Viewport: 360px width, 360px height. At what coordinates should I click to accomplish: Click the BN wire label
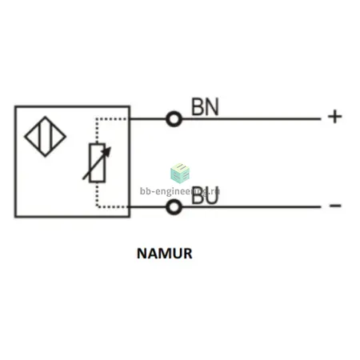click(205, 106)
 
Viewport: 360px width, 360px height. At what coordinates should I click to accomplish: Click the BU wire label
click(205, 195)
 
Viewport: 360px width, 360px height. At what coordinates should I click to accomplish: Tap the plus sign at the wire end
click(335, 117)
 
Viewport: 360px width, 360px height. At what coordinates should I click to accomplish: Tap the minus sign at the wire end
click(335, 206)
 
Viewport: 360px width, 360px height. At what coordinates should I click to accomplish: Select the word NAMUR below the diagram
click(165, 254)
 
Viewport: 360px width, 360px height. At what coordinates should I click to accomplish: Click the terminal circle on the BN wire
click(174, 119)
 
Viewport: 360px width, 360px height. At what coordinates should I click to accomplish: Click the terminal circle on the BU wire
click(174, 207)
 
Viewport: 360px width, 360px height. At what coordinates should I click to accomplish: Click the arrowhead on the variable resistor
click(107, 151)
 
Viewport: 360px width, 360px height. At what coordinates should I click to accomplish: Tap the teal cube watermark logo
click(180, 173)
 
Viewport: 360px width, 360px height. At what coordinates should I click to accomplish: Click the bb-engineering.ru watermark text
click(180, 191)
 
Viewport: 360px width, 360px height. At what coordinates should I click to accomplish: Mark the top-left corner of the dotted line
click(97, 118)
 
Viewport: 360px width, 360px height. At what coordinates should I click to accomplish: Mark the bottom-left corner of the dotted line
click(97, 206)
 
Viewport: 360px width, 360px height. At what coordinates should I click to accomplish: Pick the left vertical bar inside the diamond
click(40, 137)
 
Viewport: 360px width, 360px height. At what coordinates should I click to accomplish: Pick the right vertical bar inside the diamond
click(50, 137)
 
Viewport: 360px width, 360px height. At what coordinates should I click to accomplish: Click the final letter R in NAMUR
click(187, 254)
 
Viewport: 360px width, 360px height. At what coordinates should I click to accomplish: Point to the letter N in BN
click(212, 106)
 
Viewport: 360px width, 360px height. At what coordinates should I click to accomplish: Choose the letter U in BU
click(212, 195)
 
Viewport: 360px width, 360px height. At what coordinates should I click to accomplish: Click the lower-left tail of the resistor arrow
click(83, 179)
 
